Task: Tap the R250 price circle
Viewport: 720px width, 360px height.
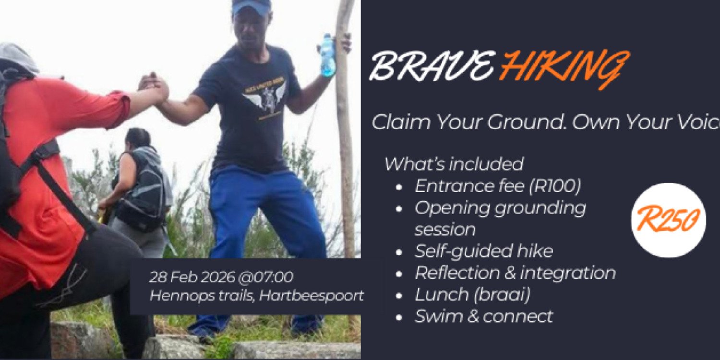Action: [x=668, y=220]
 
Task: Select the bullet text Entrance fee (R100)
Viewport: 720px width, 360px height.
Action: [x=497, y=187]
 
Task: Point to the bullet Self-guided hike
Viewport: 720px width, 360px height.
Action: [x=483, y=251]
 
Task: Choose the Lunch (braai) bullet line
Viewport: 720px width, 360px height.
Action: [x=472, y=295]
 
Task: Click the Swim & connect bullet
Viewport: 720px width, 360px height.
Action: [x=483, y=316]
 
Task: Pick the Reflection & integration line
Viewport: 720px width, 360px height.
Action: [x=515, y=273]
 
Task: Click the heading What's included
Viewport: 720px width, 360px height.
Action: [x=453, y=164]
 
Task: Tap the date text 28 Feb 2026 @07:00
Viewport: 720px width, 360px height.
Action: [x=221, y=277]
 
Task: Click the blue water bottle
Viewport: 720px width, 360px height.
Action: [x=327, y=55]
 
